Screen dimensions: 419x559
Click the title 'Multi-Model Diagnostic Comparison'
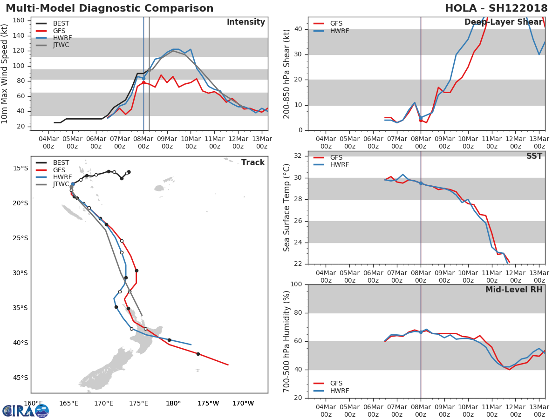coord(109,8)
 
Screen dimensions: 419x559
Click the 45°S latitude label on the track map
coord(20,378)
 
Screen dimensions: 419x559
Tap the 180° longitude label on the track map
coord(173,403)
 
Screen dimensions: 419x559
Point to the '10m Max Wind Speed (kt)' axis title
coord(5,74)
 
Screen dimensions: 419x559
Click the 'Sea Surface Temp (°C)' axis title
coord(287,208)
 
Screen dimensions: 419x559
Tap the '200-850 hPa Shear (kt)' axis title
coord(287,74)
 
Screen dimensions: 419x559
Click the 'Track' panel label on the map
coord(253,162)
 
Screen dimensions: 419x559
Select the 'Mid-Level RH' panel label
coord(514,290)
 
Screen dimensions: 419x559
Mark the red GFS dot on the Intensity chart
coord(143,82)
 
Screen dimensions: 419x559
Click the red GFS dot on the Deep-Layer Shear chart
coord(421,120)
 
